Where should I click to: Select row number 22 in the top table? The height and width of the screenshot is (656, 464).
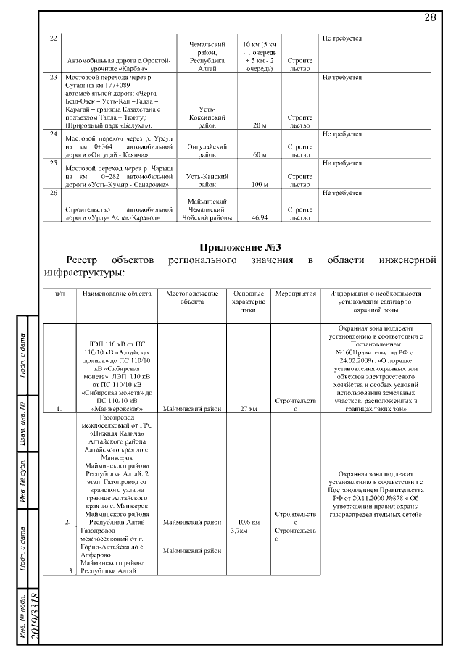point(53,38)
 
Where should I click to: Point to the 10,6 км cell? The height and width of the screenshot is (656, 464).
point(249,521)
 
